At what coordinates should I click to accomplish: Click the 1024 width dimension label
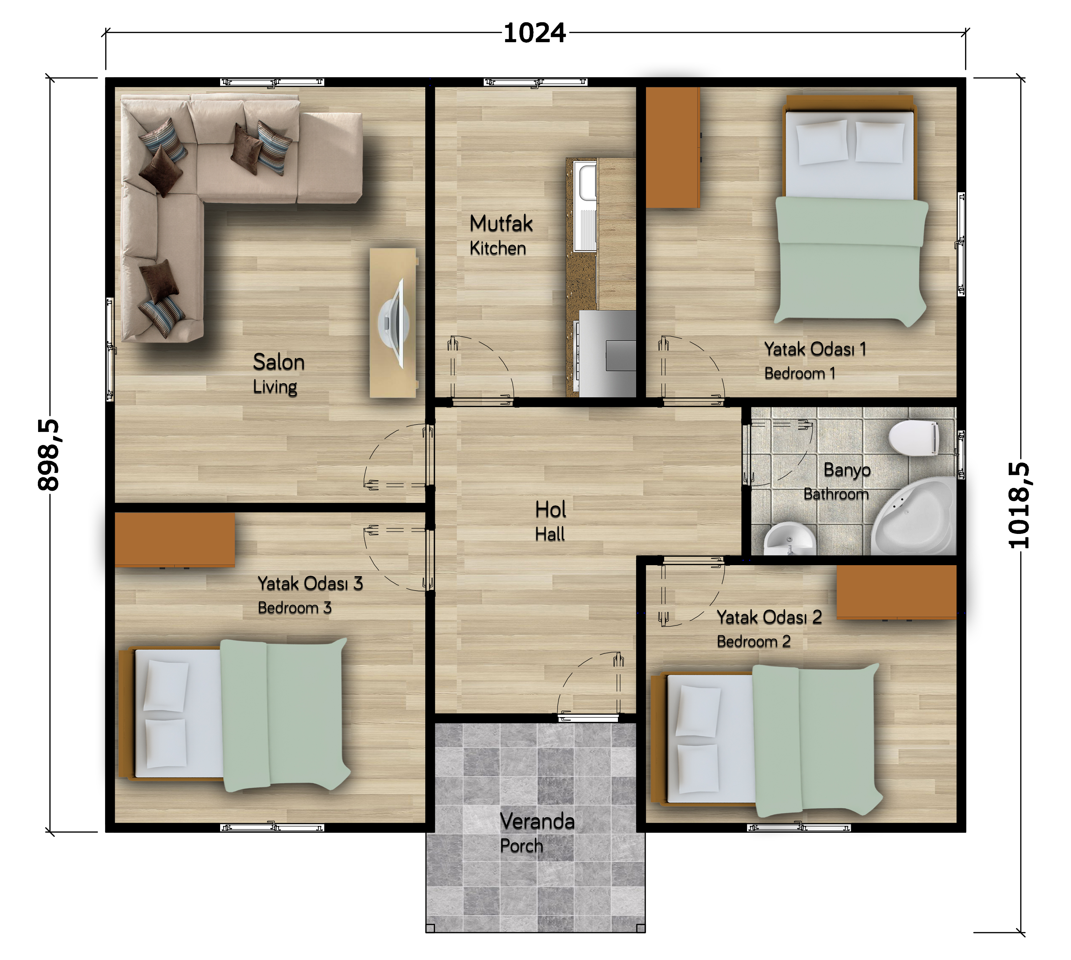point(534,33)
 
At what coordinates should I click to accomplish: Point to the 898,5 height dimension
point(48,455)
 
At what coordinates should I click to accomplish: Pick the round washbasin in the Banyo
point(790,539)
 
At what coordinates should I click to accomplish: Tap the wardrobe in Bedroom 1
point(673,148)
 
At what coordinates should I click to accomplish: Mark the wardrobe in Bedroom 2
point(897,592)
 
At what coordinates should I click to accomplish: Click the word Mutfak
point(501,224)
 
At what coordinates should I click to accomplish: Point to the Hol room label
point(550,510)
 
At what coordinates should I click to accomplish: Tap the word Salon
point(279,362)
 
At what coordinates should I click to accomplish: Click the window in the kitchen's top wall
point(535,82)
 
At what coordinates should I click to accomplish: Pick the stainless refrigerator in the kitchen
point(608,354)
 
